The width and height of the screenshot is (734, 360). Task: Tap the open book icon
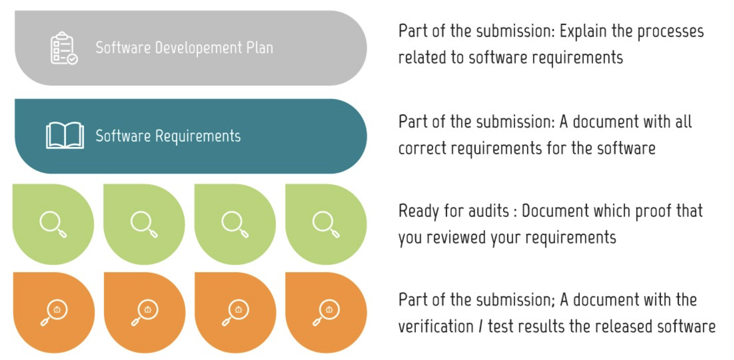[65, 135]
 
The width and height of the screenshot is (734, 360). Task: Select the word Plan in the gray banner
[259, 48]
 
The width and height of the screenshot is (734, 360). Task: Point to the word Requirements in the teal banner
[198, 136]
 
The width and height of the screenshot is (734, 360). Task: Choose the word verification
[436, 326]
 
